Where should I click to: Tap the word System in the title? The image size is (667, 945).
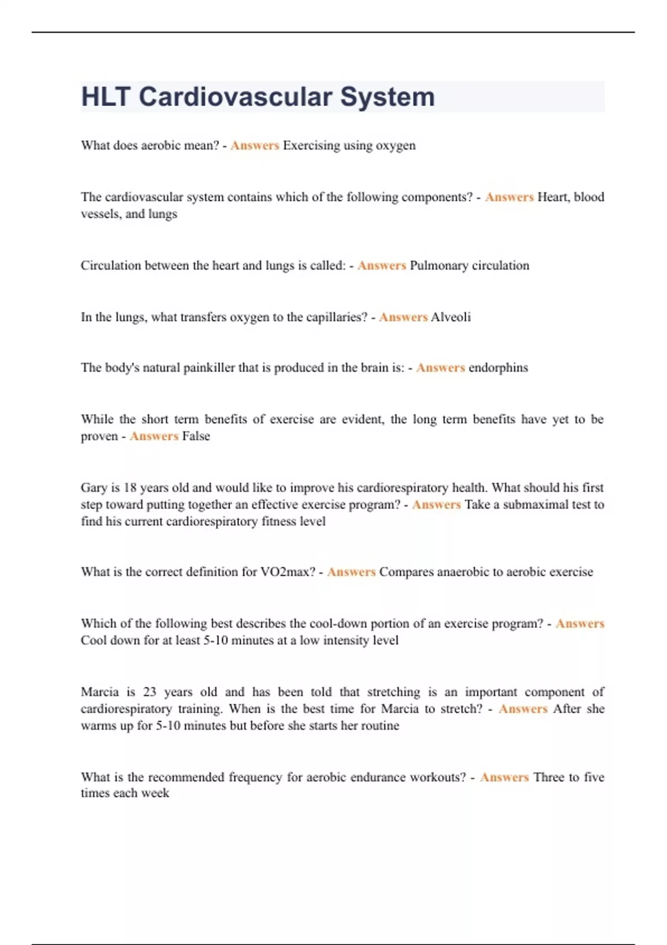(x=387, y=97)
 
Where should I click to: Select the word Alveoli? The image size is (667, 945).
(x=451, y=317)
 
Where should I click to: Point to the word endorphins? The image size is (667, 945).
(x=498, y=368)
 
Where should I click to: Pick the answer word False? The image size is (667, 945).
(x=196, y=436)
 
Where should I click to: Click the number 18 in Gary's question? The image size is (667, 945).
(x=130, y=488)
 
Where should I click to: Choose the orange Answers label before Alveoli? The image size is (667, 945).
(x=403, y=317)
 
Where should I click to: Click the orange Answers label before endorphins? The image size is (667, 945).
(x=440, y=368)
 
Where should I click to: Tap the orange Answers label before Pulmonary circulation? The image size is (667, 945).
(x=381, y=266)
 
